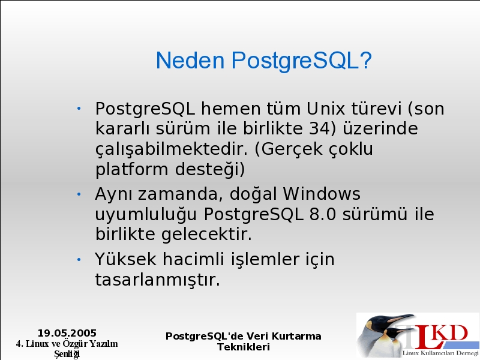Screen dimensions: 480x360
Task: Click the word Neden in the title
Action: click(190, 60)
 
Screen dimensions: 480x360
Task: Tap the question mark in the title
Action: click(365, 60)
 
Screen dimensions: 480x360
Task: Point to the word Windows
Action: click(322, 194)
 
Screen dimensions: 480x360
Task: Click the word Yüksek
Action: click(125, 259)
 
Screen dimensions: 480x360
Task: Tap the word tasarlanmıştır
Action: click(157, 280)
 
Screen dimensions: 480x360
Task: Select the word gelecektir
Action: click(206, 235)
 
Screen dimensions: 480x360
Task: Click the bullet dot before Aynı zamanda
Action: click(79, 194)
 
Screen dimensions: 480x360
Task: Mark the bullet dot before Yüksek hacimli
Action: click(79, 260)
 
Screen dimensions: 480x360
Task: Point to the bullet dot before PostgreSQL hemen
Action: click(79, 109)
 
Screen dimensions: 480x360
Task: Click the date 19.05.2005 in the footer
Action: click(67, 333)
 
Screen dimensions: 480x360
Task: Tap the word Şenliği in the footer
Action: click(67, 354)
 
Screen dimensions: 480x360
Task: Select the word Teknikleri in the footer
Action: click(244, 347)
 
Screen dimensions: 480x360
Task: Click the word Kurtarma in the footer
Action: click(296, 336)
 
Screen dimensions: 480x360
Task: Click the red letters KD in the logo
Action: click(451, 333)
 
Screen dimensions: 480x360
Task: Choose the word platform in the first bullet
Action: click(131, 169)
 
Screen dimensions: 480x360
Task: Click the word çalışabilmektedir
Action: click(172, 149)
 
